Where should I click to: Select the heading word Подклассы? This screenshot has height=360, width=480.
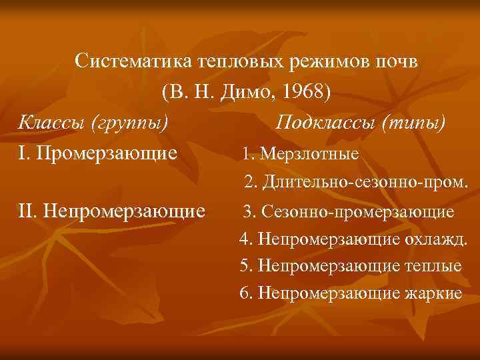[x=331, y=123]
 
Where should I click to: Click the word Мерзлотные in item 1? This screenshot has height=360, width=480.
[x=309, y=155]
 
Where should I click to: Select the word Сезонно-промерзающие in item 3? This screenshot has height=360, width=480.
[x=358, y=213]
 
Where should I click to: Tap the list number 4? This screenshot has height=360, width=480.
[x=244, y=238]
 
